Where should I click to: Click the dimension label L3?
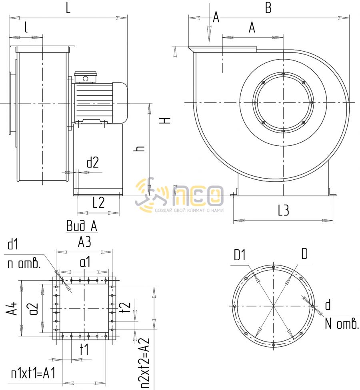pyautogui.click(x=284, y=210)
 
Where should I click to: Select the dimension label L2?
pyautogui.click(x=99, y=203)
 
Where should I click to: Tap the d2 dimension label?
pyautogui.click(x=93, y=163)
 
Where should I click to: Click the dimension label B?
pyautogui.click(x=268, y=8)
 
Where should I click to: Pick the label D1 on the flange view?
pyautogui.click(x=240, y=255)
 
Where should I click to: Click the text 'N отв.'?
pyautogui.click(x=342, y=324)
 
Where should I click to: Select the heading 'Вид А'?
pyautogui.click(x=82, y=226)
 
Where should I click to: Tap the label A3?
pyautogui.click(x=84, y=242)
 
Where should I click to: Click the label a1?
pyautogui.click(x=85, y=262)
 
